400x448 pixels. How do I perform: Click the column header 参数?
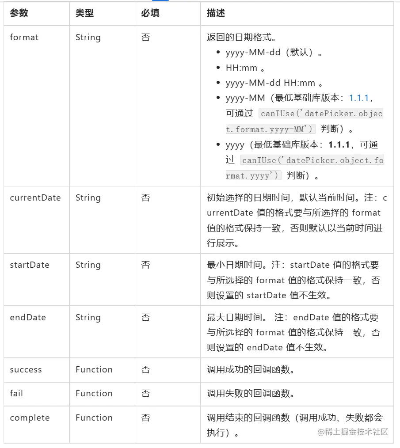pyautogui.click(x=19, y=13)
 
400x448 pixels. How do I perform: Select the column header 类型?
pyautogui.click(x=84, y=13)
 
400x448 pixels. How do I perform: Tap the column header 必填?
pyautogui.click(x=150, y=13)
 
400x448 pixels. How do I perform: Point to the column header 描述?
pyautogui.click(x=216, y=13)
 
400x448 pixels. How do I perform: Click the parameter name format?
pyautogui.click(x=24, y=38)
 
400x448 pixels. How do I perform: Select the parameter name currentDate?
pyautogui.click(x=35, y=198)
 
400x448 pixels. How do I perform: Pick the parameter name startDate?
pyautogui.click(x=30, y=265)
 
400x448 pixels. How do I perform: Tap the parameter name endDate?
pyautogui.click(x=28, y=318)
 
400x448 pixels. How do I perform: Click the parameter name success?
pyautogui.click(x=26, y=370)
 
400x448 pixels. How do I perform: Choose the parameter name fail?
pyautogui.click(x=16, y=393)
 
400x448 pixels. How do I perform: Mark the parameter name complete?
pyautogui.click(x=30, y=418)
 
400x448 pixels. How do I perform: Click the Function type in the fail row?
pyautogui.click(x=94, y=393)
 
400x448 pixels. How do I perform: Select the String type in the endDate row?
pyautogui.click(x=88, y=318)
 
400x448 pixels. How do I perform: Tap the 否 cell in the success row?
pyautogui.click(x=145, y=370)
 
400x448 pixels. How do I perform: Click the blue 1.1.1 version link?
pyautogui.click(x=361, y=98)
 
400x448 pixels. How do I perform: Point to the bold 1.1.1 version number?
pyautogui.click(x=339, y=145)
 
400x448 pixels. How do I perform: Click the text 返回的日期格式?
pyautogui.click(x=242, y=38)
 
